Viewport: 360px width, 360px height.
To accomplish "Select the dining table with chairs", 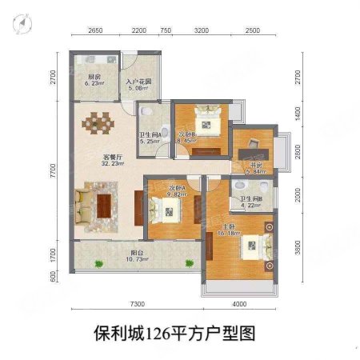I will pyautogui.click(x=101, y=125).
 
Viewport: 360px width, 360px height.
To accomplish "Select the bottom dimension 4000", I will pyautogui.click(x=241, y=305).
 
